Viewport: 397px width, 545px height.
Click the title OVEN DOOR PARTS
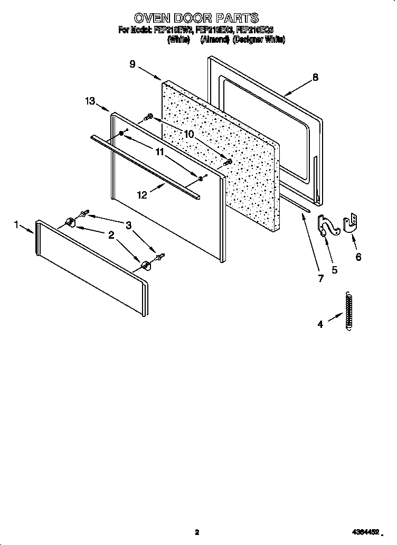(196, 19)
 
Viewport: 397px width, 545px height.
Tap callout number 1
(17, 225)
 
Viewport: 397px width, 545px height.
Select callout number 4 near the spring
(320, 324)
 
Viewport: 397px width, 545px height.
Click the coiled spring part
(348, 312)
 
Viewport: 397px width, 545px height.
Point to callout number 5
(334, 269)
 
